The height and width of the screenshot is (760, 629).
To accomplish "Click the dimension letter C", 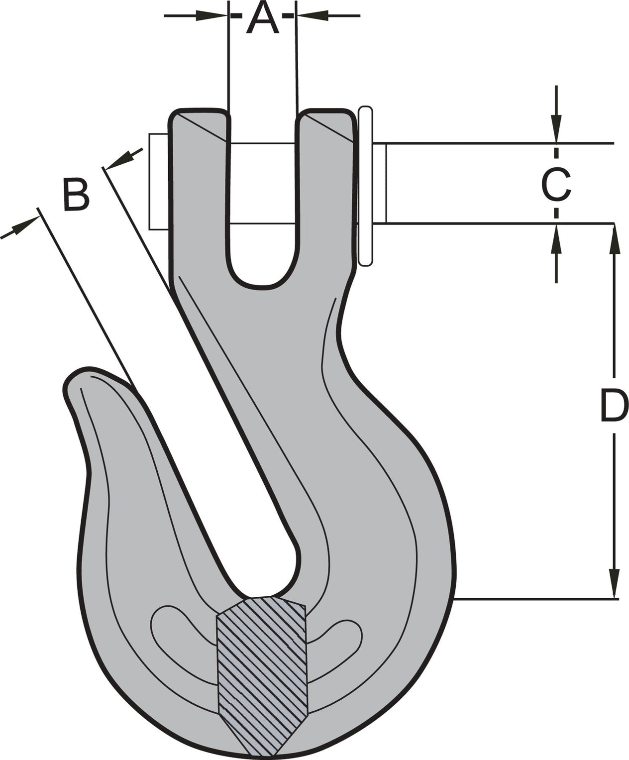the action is (x=556, y=184).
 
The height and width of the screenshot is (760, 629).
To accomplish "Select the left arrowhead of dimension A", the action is (x=211, y=15).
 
